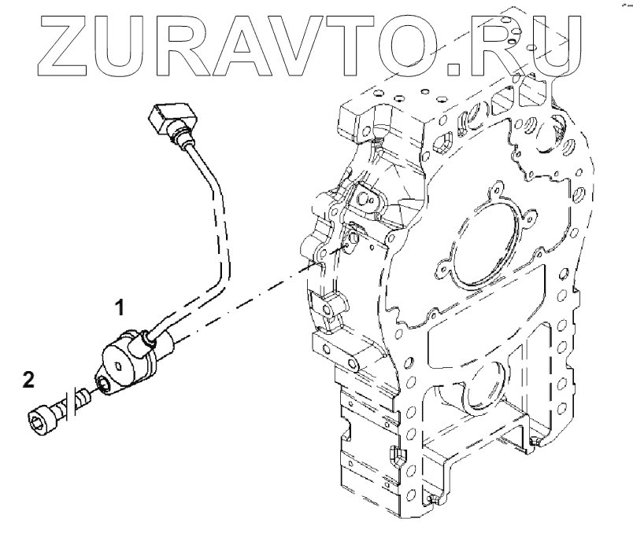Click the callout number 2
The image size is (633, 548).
tap(29, 381)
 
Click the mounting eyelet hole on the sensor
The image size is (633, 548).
tap(105, 384)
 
